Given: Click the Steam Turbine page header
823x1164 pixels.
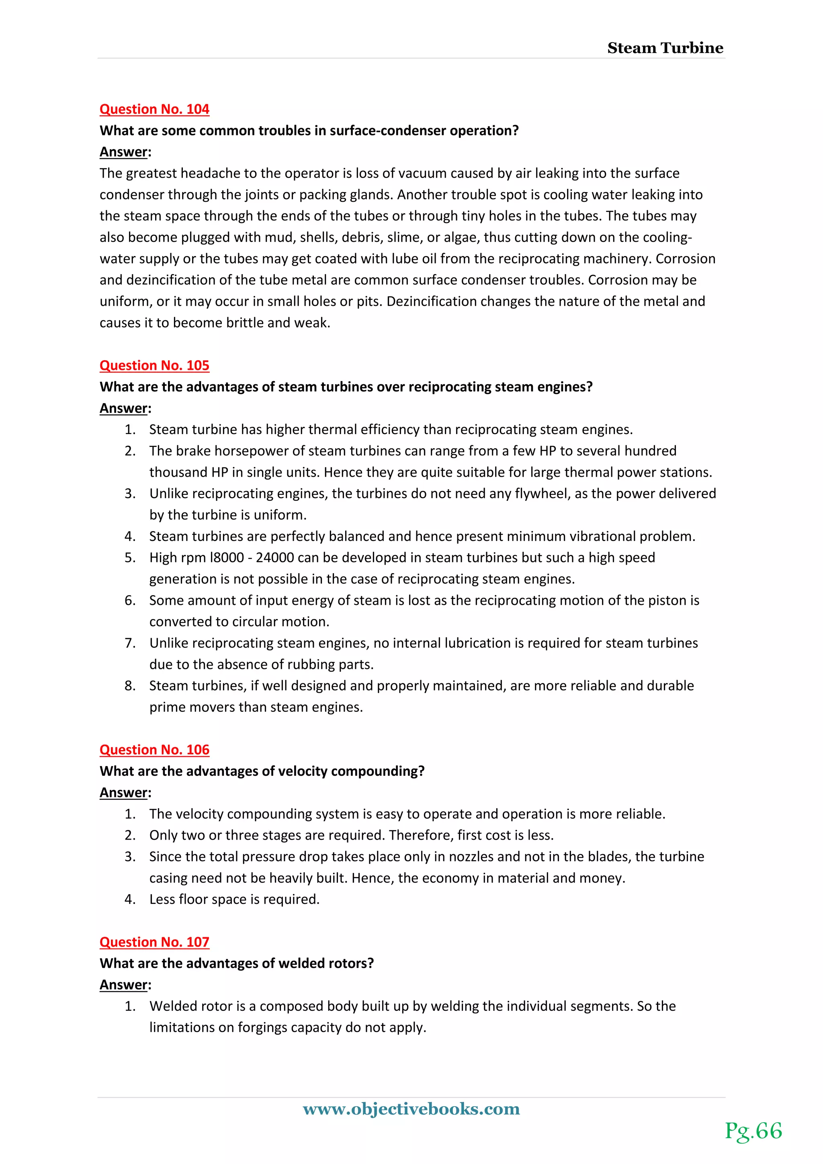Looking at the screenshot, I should pos(665,48).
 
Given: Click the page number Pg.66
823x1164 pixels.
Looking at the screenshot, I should pos(753,1131).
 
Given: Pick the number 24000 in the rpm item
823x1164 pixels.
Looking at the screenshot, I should pos(275,557).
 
